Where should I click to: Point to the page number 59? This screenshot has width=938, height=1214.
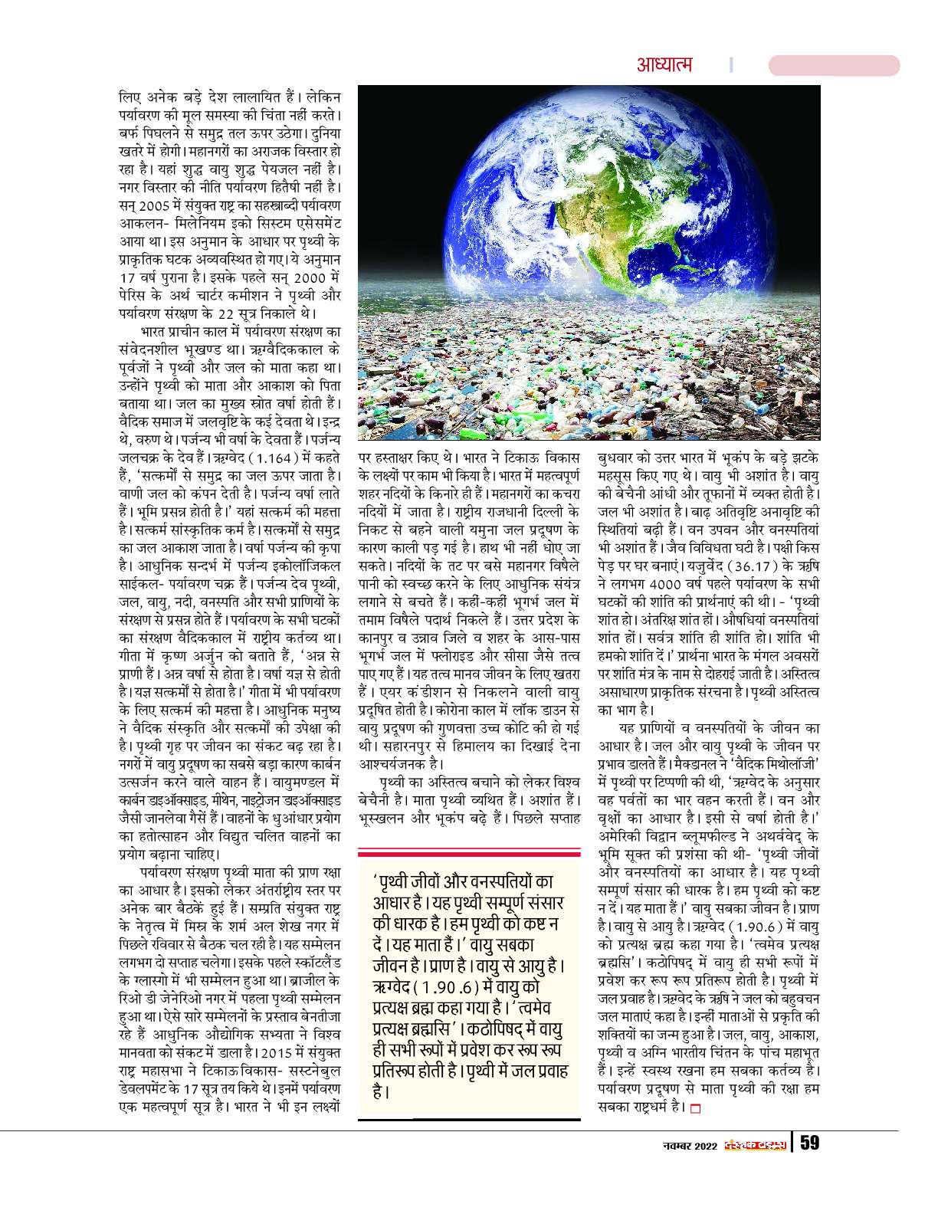click(x=810, y=1143)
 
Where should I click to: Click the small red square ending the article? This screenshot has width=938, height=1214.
click(x=696, y=1108)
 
